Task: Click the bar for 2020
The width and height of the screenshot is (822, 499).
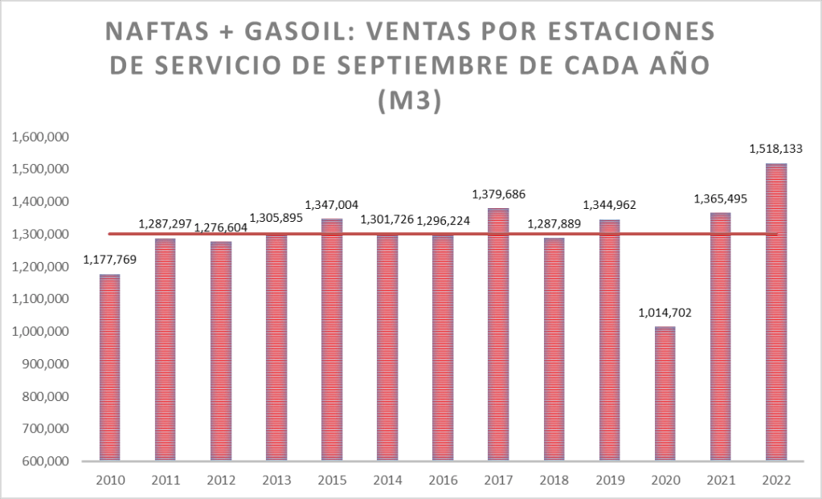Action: [665, 394]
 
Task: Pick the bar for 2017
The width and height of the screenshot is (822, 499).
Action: [498, 334]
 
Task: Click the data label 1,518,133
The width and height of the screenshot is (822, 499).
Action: [775, 149]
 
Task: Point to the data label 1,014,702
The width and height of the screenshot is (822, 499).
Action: [665, 313]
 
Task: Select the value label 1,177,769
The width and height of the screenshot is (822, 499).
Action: [110, 260]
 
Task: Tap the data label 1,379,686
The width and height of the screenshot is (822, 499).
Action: [498, 194]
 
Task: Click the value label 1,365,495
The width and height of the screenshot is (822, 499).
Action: [720, 198]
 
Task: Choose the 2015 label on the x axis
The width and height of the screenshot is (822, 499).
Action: [332, 480]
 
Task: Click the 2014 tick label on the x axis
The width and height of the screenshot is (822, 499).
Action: [387, 480]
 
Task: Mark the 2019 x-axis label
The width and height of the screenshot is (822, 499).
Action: [609, 480]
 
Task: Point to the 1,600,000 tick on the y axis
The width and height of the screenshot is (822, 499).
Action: [40, 137]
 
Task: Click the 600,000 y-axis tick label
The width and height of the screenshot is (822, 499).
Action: [45, 462]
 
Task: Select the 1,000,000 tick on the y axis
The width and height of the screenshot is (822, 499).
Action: [40, 332]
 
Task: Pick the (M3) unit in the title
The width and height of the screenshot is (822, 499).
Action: [410, 102]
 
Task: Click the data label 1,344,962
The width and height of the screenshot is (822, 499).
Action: [608, 205]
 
